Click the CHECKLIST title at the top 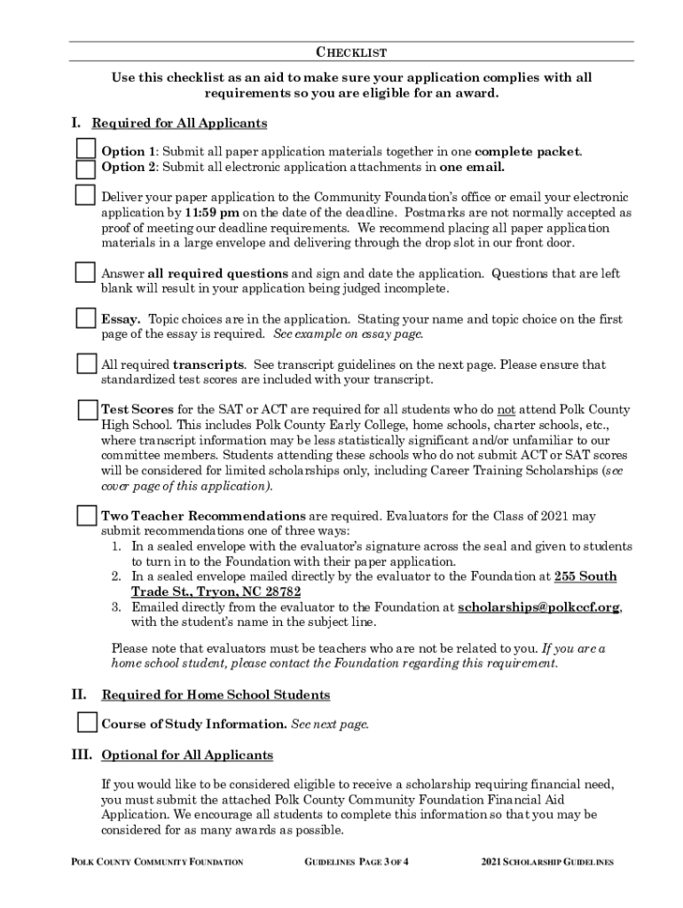point(351,53)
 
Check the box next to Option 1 point(86,147)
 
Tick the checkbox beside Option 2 point(86,168)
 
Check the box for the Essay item point(86,317)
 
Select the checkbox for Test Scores point(87,410)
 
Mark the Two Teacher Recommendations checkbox point(87,515)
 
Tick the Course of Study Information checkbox point(87,723)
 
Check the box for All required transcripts point(86,364)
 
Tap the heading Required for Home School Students point(216,694)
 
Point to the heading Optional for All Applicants point(187,755)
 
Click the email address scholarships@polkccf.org point(539,607)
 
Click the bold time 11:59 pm point(212,213)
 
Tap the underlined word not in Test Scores point(506,410)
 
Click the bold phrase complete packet point(527,151)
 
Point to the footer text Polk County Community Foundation point(155,862)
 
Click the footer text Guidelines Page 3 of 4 point(362,862)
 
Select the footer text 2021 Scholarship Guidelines point(547,862)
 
